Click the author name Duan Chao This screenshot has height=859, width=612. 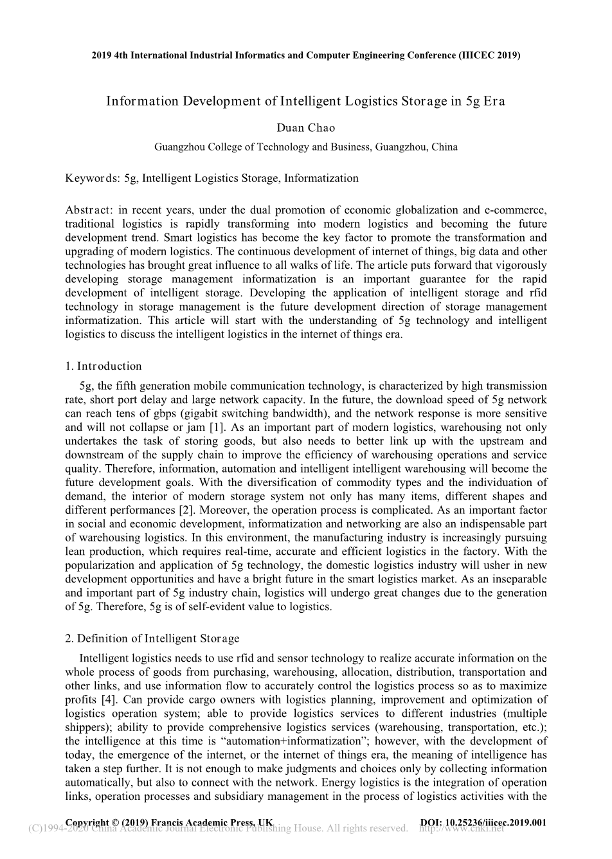coord(306,127)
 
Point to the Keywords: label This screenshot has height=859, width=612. coord(93,178)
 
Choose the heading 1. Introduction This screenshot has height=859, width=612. coord(104,366)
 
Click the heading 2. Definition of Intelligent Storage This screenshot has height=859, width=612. coord(152,638)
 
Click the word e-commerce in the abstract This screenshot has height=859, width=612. coord(516,210)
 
